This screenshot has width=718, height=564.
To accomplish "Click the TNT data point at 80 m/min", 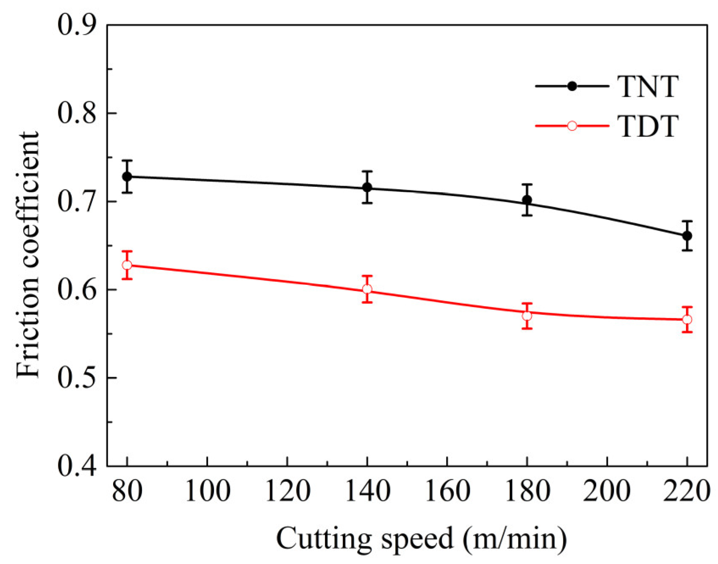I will [x=127, y=176].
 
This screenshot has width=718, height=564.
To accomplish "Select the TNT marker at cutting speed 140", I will [x=367, y=187].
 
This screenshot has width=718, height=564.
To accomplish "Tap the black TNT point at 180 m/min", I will [x=527, y=200].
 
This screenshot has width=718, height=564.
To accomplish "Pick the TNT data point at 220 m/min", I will [x=687, y=236].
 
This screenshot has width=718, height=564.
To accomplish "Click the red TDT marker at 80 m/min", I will [x=127, y=265].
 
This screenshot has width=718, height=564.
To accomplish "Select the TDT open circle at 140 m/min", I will [x=367, y=289].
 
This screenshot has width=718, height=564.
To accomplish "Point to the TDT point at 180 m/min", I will [x=527, y=316].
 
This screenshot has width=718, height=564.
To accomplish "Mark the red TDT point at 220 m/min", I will [x=687, y=319].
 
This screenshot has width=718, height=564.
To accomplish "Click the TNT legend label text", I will [x=648, y=86].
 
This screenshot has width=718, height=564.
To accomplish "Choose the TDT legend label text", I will [x=648, y=126].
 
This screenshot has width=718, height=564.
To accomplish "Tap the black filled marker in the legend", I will [x=572, y=86].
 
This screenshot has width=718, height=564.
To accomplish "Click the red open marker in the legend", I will [x=572, y=126].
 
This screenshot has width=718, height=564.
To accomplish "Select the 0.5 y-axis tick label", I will [x=77, y=378].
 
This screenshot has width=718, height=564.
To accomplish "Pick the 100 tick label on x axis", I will [x=208, y=492].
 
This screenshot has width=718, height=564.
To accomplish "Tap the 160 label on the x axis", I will [x=447, y=492].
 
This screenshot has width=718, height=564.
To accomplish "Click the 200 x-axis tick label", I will [x=607, y=492].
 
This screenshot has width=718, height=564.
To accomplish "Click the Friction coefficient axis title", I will [x=28, y=254].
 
